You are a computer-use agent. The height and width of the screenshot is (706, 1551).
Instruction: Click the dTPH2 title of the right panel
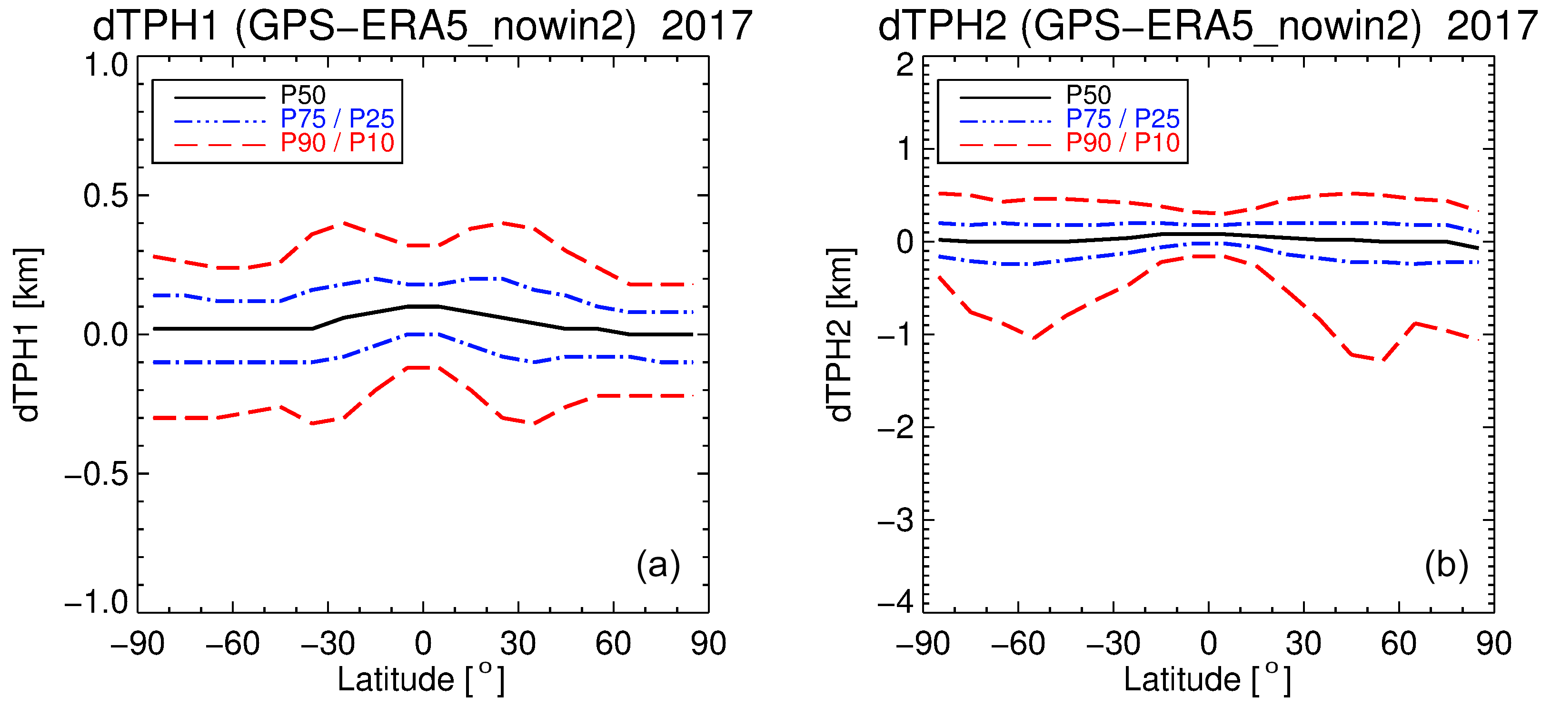(1208, 27)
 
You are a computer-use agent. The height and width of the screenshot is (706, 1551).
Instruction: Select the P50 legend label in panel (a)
(303, 95)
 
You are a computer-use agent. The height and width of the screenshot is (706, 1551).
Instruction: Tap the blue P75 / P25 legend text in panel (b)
(1122, 118)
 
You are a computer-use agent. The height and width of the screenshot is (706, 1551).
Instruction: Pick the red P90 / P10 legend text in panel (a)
(337, 143)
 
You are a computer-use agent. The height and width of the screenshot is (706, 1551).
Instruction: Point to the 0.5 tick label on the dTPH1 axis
(106, 196)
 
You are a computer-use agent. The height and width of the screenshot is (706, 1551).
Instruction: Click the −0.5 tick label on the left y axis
(96, 475)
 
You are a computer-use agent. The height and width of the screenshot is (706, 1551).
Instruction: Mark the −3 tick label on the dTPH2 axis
(895, 521)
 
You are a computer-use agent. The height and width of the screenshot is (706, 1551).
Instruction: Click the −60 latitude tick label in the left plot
(232, 644)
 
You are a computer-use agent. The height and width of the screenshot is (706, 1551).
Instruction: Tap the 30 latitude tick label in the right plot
(1303, 644)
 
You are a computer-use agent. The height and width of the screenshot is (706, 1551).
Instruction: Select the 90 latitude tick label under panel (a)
(708, 644)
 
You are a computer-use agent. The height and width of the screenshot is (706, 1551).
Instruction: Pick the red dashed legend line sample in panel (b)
(1005, 145)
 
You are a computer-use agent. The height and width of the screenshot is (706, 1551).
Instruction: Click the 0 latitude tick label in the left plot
(423, 644)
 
